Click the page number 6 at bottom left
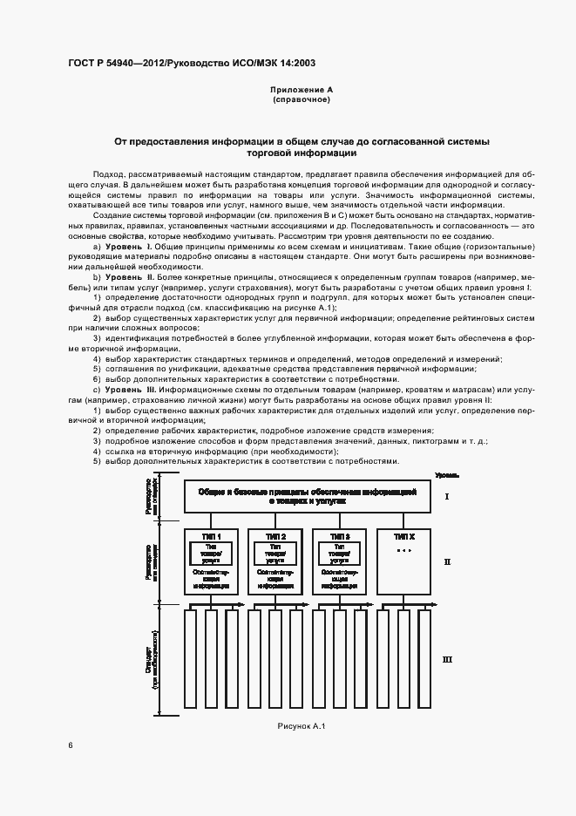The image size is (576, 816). tap(71, 745)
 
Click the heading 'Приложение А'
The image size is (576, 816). tap(302, 90)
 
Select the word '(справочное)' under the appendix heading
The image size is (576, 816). tap(302, 99)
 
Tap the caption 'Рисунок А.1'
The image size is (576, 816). tap(301, 726)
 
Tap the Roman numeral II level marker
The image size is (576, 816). tap(447, 562)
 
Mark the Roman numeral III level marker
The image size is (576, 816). tap(447, 660)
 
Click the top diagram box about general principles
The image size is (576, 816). tap(307, 497)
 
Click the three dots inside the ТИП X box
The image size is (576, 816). tap(403, 553)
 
